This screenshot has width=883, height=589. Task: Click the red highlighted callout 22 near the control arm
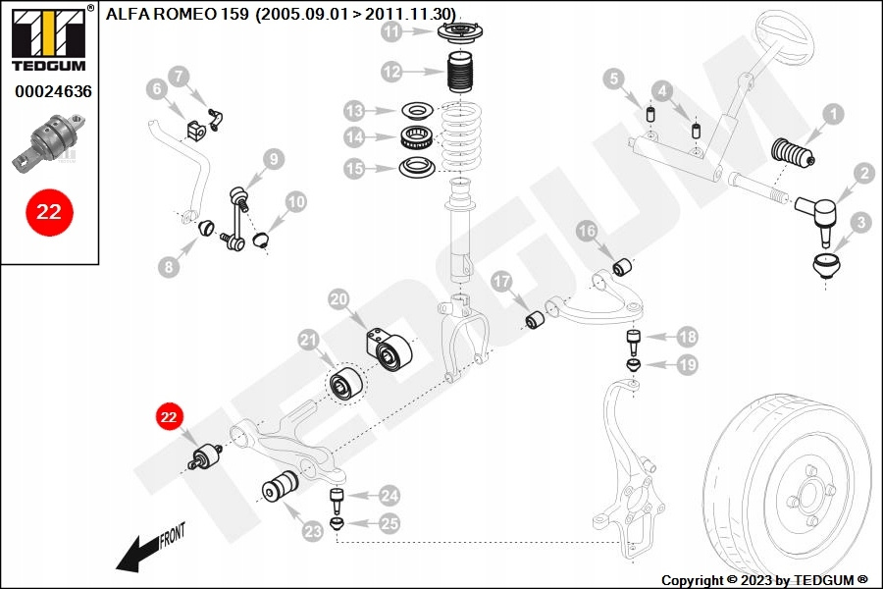point(168,416)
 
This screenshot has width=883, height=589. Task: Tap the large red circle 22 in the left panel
point(49,212)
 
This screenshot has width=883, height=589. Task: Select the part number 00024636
point(53,91)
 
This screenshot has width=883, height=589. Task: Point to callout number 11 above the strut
point(392,32)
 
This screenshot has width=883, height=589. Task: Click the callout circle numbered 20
point(338,298)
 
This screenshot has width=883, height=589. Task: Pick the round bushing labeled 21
point(345,384)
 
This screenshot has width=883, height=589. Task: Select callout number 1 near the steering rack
point(832,114)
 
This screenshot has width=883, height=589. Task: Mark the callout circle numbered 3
point(860,224)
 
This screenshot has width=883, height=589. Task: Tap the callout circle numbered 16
point(587,232)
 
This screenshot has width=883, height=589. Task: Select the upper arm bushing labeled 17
point(536,320)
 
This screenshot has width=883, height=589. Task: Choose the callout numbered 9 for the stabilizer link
point(273,157)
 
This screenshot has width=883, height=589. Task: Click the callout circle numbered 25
point(390,524)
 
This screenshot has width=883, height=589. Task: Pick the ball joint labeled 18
point(635,343)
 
